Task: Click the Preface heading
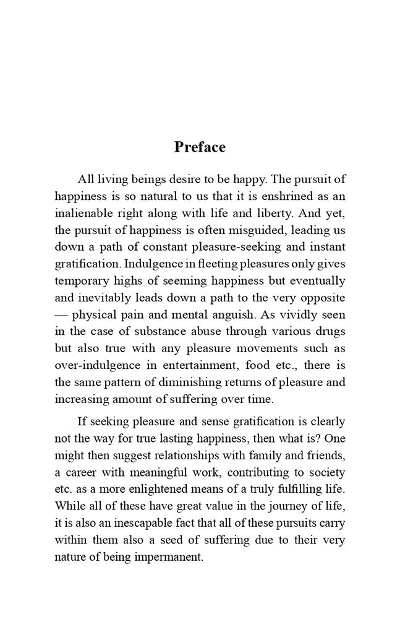[200, 147]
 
